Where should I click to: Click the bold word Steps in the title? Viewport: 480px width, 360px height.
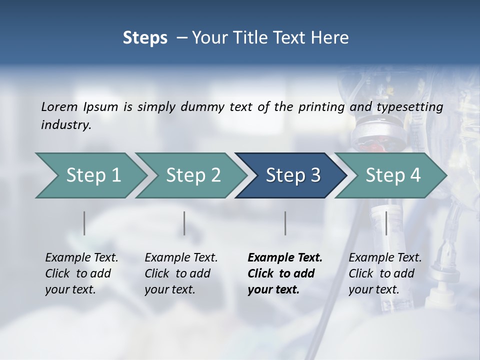click(145, 38)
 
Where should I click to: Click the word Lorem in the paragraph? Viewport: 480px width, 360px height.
click(59, 107)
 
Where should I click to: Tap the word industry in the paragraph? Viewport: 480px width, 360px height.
click(65, 125)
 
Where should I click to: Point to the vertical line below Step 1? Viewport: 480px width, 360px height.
click(84, 223)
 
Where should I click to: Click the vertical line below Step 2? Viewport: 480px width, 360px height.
click(184, 223)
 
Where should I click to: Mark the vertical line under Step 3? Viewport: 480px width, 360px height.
click(285, 223)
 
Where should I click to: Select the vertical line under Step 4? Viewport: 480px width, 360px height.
click(386, 223)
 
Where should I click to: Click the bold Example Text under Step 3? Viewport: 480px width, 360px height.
click(285, 258)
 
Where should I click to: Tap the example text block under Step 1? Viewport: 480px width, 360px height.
click(81, 273)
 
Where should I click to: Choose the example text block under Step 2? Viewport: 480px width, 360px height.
click(180, 273)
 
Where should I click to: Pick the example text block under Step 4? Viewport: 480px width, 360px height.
click(384, 273)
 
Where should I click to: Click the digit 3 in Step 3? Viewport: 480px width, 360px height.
click(315, 175)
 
